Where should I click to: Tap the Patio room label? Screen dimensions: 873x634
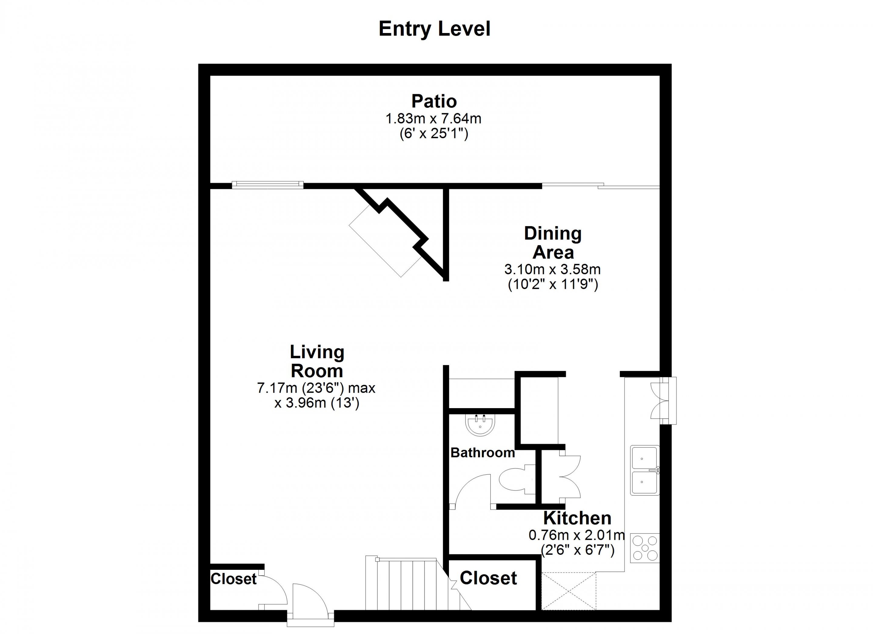434,101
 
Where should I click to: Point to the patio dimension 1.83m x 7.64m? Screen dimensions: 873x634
433,118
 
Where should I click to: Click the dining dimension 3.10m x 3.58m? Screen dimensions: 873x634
552,269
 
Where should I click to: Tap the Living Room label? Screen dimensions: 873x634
317,362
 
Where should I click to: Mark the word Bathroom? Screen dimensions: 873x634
482,453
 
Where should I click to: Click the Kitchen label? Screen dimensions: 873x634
577,518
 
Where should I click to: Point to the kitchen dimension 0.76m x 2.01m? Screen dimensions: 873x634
577,535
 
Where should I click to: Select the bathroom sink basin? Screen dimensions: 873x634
480,425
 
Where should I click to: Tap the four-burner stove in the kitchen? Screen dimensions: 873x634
645,547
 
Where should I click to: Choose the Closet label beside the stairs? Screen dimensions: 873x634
488,578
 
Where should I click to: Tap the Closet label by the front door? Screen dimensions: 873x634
233,579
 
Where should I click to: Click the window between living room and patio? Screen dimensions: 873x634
268,185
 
